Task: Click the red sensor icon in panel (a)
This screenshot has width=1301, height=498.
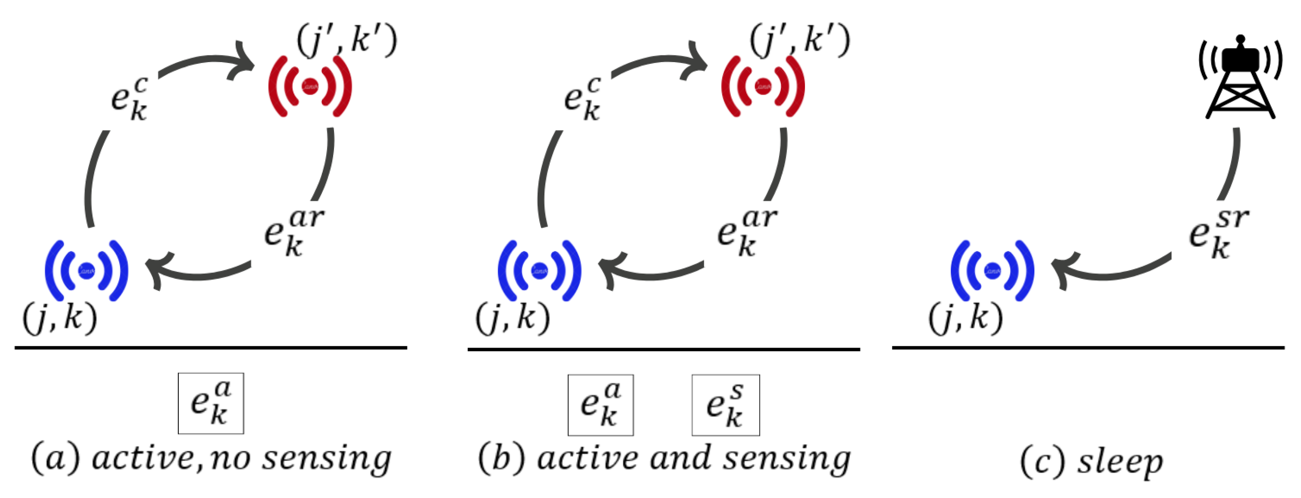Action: pyautogui.click(x=309, y=86)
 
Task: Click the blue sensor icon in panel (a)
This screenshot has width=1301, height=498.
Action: pyautogui.click(x=86, y=270)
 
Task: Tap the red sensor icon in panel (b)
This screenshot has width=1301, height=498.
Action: pyautogui.click(x=763, y=86)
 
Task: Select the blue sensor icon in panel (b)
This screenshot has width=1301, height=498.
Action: pyautogui.click(x=539, y=270)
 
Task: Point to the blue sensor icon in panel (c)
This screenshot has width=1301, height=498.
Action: pyautogui.click(x=992, y=270)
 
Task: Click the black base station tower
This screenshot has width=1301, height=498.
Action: pyautogui.click(x=1240, y=78)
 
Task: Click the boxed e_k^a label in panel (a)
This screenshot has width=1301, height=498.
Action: pyautogui.click(x=211, y=403)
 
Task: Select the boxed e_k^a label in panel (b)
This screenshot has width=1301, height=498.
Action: pyautogui.click(x=601, y=405)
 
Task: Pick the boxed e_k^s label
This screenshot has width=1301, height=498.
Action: pyautogui.click(x=725, y=405)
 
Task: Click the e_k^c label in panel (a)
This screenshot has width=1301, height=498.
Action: pyautogui.click(x=129, y=99)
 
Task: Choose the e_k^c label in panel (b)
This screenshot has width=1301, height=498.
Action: pyautogui.click(x=582, y=99)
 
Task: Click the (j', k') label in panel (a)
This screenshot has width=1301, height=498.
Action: pyautogui.click(x=346, y=40)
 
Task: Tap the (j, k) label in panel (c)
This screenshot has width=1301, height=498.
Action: pyautogui.click(x=965, y=318)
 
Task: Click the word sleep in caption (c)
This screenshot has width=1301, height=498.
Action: pyautogui.click(x=1120, y=461)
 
